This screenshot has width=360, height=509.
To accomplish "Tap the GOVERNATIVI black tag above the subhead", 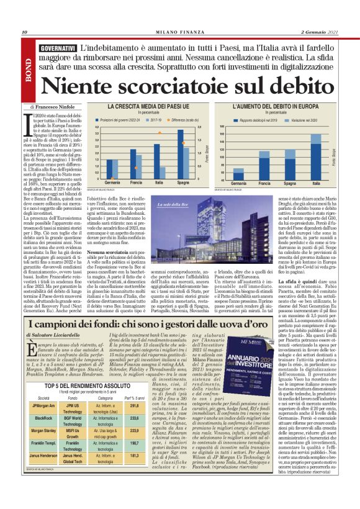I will pyautogui.click(x=56, y=48).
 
